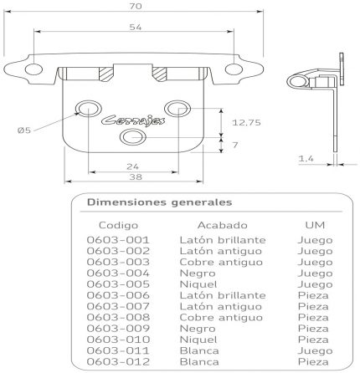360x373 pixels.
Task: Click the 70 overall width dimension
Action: [136, 6]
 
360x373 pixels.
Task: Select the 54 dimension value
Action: [136, 27]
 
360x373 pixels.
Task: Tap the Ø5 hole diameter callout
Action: [24, 130]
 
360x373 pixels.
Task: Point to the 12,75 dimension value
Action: [246, 122]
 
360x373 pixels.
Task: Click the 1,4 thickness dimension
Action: [306, 159]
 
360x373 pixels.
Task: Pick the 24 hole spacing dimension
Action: [132, 166]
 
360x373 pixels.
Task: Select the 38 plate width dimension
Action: [136, 176]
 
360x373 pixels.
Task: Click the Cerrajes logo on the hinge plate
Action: [133, 120]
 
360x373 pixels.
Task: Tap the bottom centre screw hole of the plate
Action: [133, 137]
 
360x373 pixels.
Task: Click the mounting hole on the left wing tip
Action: [33, 69]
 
